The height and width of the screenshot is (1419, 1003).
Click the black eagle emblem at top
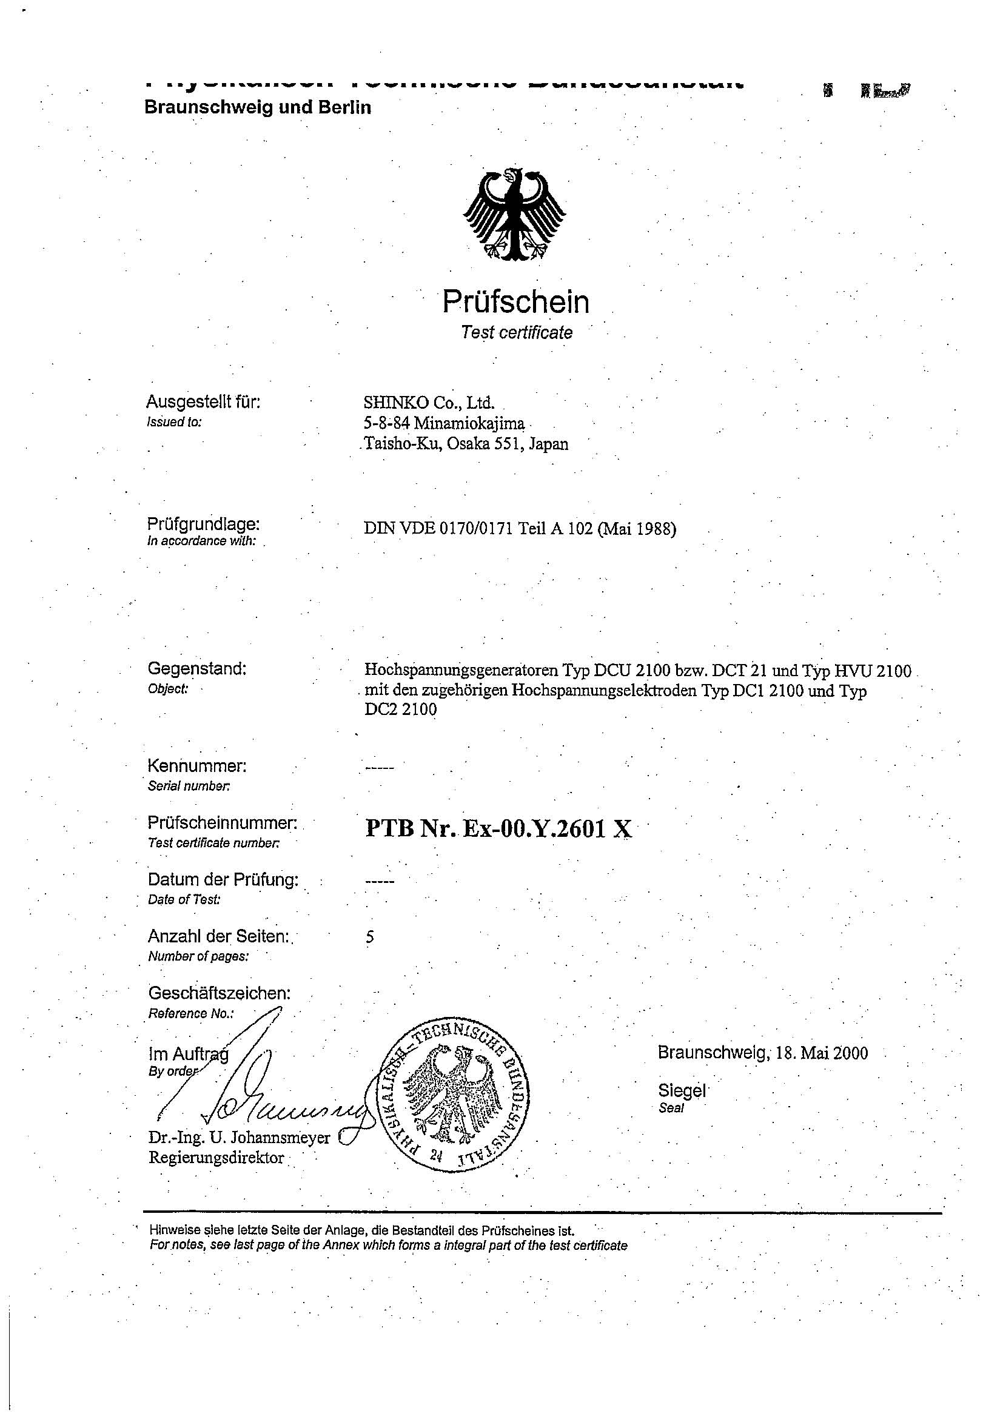tap(515, 214)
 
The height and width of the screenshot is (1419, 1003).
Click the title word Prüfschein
tap(515, 302)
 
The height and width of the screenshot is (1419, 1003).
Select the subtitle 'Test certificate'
tap(517, 332)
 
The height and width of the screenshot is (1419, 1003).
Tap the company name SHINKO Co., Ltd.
tap(429, 403)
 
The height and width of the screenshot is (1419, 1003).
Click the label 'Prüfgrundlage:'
tap(203, 524)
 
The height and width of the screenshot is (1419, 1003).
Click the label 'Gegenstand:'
tap(196, 668)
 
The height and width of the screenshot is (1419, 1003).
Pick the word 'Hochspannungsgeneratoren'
tap(461, 671)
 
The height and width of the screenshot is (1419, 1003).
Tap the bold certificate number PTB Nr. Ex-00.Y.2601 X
tap(498, 829)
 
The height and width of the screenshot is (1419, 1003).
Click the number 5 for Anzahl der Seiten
tap(369, 937)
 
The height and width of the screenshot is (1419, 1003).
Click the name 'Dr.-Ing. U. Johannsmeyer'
tap(239, 1138)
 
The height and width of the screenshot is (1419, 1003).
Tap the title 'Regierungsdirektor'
tap(216, 1158)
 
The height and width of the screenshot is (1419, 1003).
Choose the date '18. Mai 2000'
tap(821, 1053)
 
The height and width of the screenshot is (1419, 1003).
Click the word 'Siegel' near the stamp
tap(681, 1090)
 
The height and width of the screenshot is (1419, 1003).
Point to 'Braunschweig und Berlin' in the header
tap(257, 107)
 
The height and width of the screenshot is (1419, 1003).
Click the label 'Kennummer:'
tap(196, 766)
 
